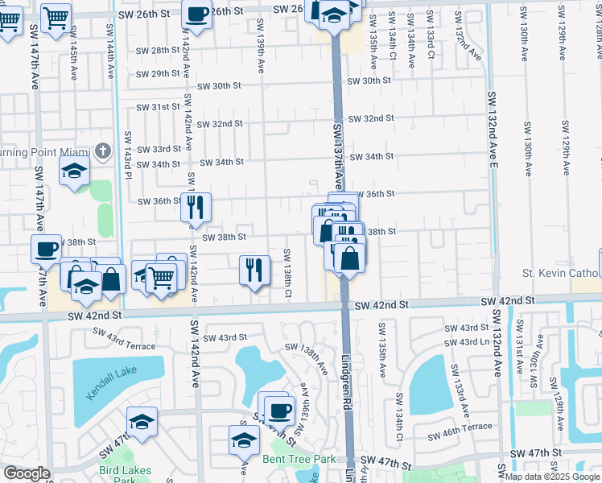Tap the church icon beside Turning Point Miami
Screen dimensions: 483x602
[x=103, y=151]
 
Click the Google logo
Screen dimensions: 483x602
[x=26, y=473]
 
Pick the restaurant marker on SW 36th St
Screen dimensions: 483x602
[x=196, y=208]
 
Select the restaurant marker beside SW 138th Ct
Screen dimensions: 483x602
[x=254, y=269]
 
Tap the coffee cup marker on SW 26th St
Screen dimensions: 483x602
[x=197, y=14]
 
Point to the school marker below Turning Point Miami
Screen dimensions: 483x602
[x=74, y=171]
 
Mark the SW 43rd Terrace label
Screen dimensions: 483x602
[x=123, y=338]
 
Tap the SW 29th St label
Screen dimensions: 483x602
[x=158, y=73]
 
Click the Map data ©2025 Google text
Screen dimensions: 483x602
[x=551, y=477]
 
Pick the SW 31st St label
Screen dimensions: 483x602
[x=158, y=107]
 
